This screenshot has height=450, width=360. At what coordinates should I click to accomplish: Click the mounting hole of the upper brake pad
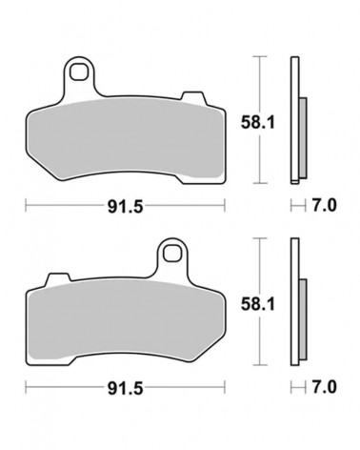tap(78, 72)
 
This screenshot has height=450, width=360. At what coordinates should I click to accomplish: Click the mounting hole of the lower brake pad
tap(172, 253)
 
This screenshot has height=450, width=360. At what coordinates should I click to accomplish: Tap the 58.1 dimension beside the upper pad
tap(257, 122)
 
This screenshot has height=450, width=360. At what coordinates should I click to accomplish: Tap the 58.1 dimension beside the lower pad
tap(257, 304)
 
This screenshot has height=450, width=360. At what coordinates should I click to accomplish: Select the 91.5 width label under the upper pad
tap(126, 207)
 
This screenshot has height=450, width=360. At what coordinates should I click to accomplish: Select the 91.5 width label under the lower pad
tap(126, 388)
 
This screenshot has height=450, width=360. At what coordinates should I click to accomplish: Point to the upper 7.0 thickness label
tap(324, 206)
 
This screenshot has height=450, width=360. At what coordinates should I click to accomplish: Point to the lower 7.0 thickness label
tap(324, 387)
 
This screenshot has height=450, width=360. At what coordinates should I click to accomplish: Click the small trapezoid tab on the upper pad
tap(193, 97)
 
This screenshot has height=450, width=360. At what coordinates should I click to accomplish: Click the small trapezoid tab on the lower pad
tap(58, 278)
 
